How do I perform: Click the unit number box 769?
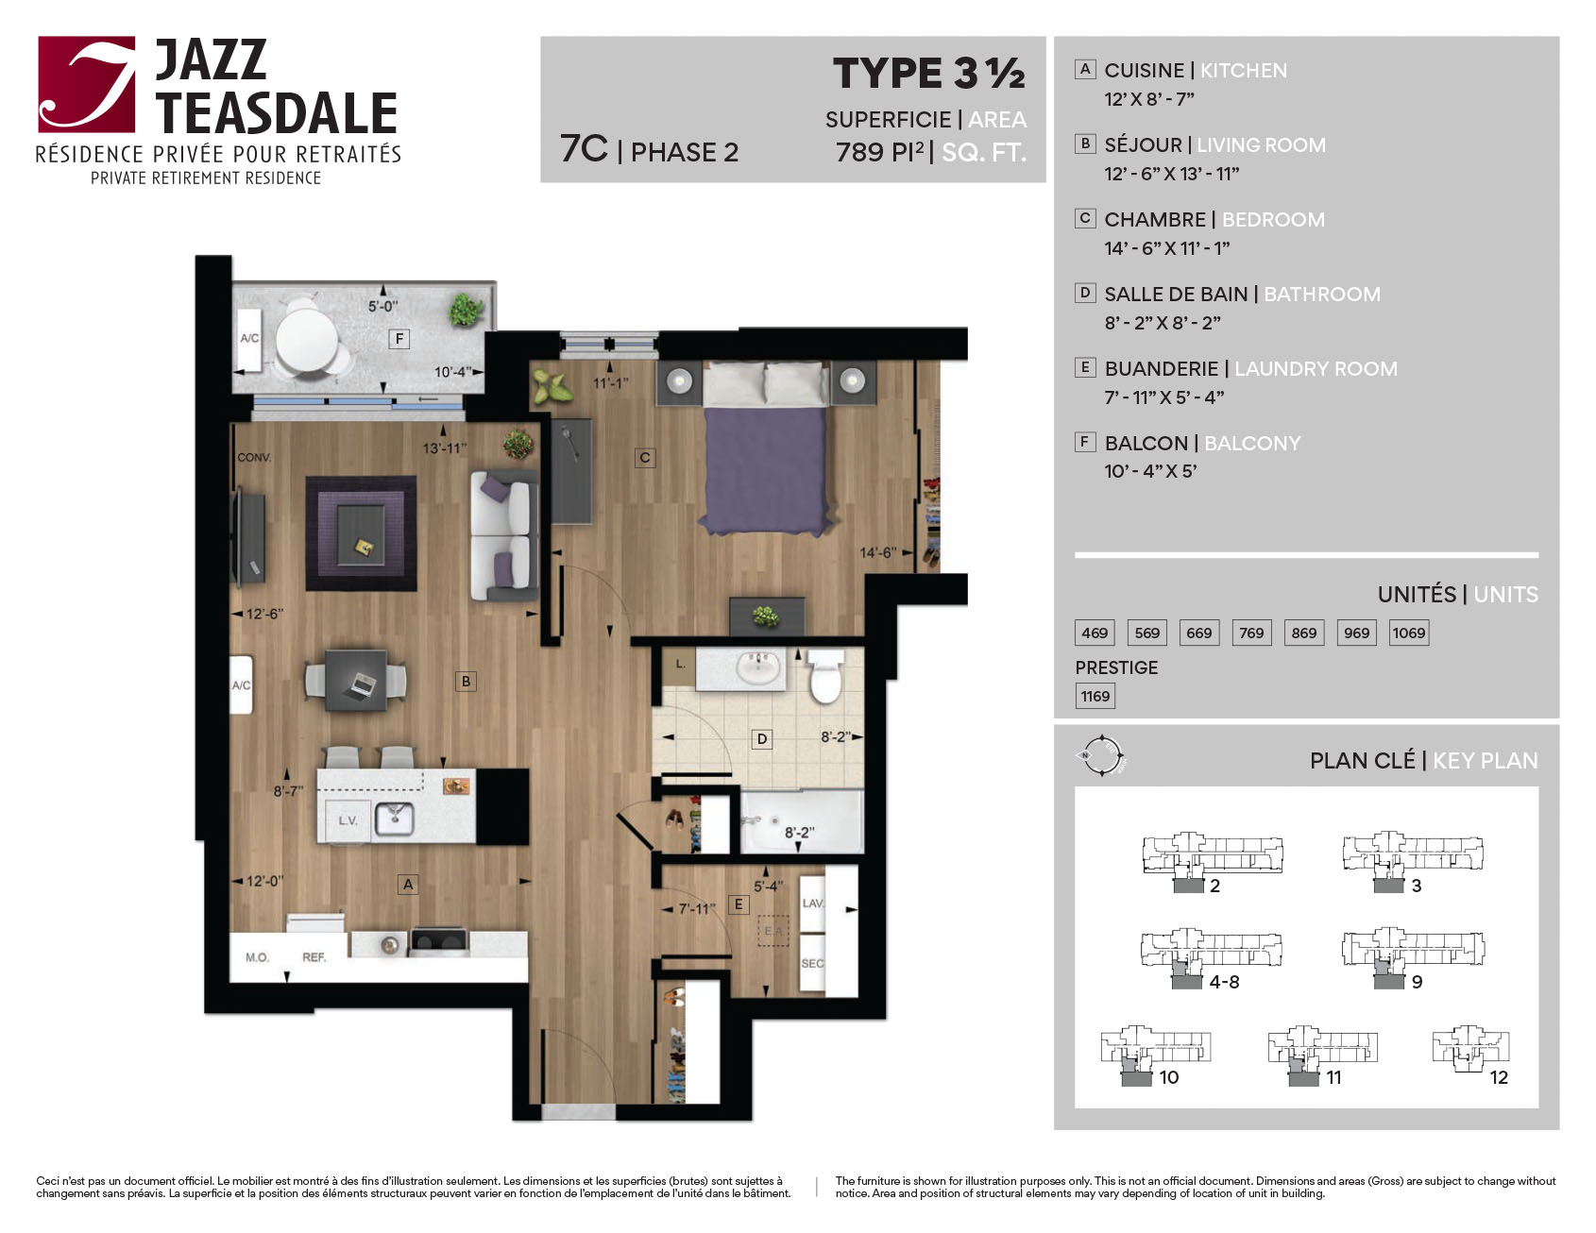1251,633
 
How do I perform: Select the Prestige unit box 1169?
1095,697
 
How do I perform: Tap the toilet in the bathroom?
825,674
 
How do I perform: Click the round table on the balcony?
307,338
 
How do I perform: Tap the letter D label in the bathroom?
762,739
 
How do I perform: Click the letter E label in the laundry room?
739,904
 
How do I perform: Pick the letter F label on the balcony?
399,338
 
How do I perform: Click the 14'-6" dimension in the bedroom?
878,552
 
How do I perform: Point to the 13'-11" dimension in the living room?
444,448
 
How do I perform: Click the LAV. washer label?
813,904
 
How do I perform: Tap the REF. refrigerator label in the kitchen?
314,957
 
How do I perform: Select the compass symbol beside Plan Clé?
1102,756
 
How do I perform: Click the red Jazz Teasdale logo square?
87,85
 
